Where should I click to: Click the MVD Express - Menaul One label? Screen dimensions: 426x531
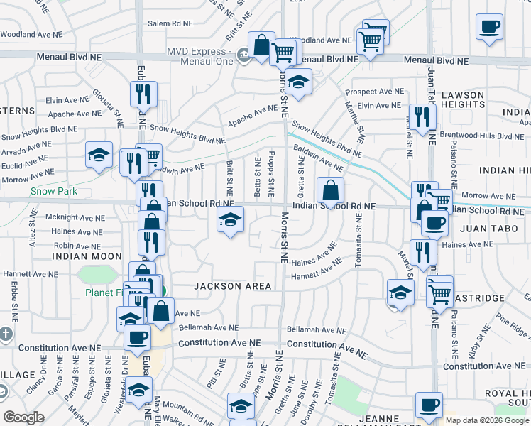[x=199, y=56]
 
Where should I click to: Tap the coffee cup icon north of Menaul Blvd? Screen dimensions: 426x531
[x=489, y=28]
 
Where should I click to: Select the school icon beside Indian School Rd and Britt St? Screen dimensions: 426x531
[x=230, y=220]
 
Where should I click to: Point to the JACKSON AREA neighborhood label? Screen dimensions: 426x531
[x=233, y=286]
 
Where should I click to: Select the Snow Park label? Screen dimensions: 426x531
[x=50, y=191]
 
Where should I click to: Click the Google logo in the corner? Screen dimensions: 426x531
[x=23, y=417]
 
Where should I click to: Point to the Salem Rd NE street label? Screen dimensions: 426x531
[x=169, y=23]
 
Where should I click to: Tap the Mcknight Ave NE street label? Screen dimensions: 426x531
[x=75, y=217]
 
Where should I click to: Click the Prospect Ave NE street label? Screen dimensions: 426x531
[x=374, y=92]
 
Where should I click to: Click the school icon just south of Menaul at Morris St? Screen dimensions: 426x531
[x=299, y=82]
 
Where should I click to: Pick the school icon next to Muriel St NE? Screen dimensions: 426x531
[x=400, y=293]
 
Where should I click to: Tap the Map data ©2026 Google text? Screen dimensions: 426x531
[x=488, y=420]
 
